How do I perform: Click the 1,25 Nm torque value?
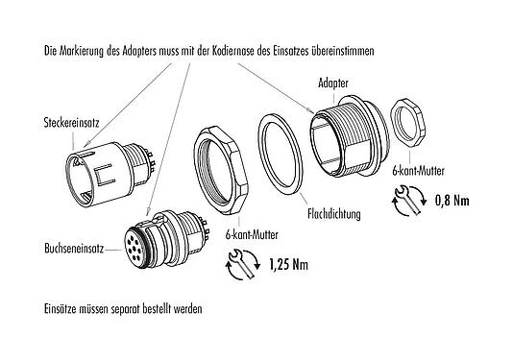tap(287, 262)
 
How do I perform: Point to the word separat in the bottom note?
tap(141, 310)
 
